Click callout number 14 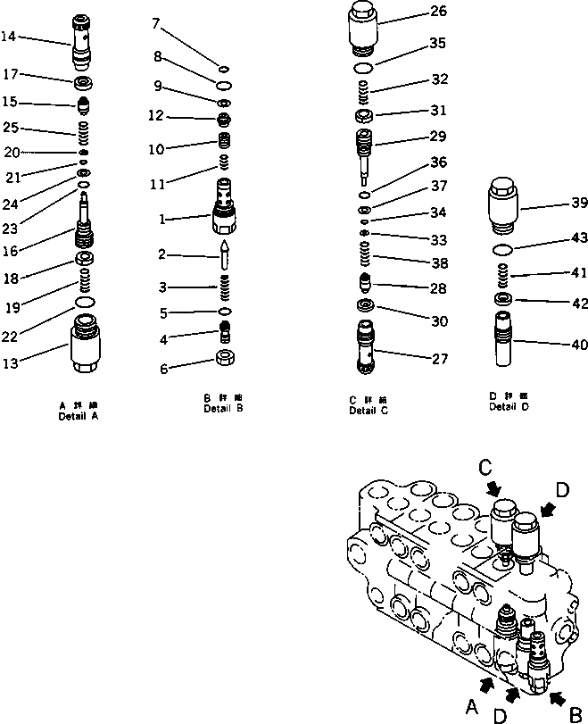pos(9,36)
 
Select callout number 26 pos(437,12)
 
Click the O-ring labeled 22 pos(85,304)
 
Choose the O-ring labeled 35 pos(364,67)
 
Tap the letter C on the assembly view pos(484,467)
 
